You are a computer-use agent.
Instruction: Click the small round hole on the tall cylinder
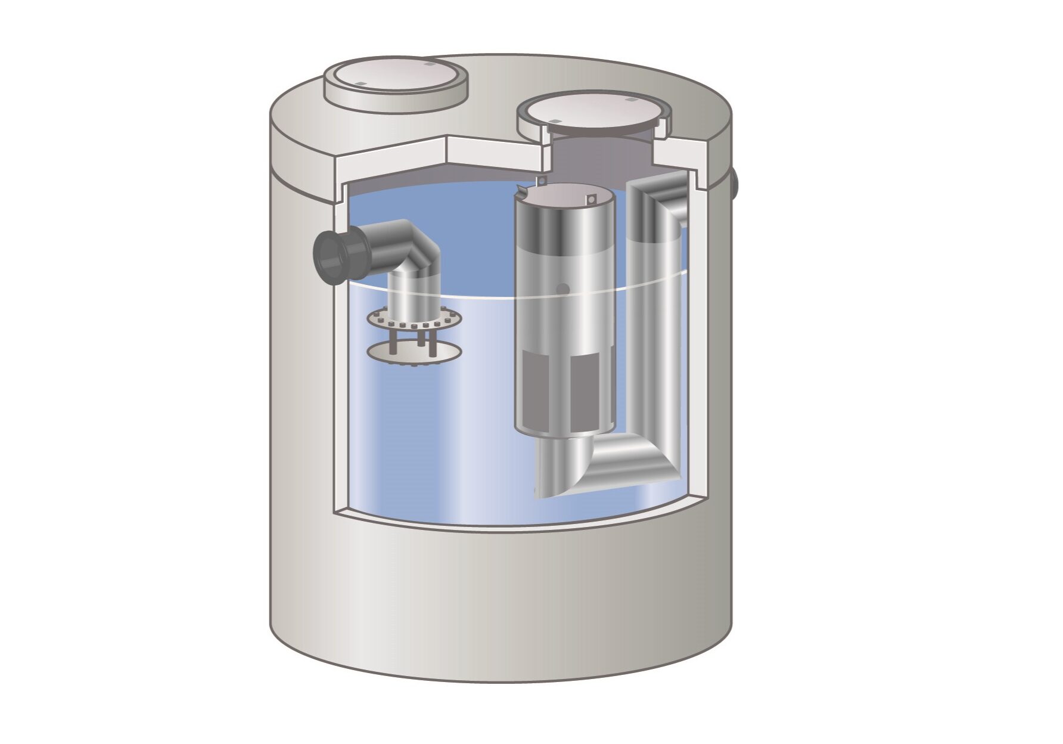click(x=561, y=288)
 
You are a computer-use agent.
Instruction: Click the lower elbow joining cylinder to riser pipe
click(x=632, y=459)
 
